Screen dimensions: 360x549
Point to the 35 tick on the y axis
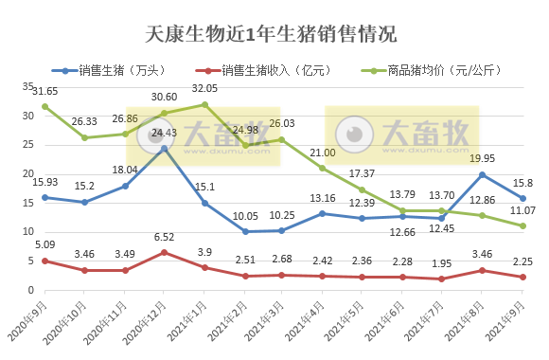(x=27, y=87)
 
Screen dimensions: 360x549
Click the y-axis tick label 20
(x=27, y=173)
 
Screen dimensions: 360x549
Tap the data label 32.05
(x=205, y=88)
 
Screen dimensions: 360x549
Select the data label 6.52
(x=166, y=238)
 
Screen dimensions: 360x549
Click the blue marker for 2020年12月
(x=165, y=148)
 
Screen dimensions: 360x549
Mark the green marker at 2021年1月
(x=204, y=104)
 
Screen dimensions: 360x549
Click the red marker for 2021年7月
(x=443, y=279)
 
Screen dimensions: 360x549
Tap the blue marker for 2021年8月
(x=483, y=174)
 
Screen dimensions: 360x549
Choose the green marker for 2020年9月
(x=44, y=106)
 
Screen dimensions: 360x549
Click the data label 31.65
(x=44, y=91)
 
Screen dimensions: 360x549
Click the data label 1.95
(x=443, y=264)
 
